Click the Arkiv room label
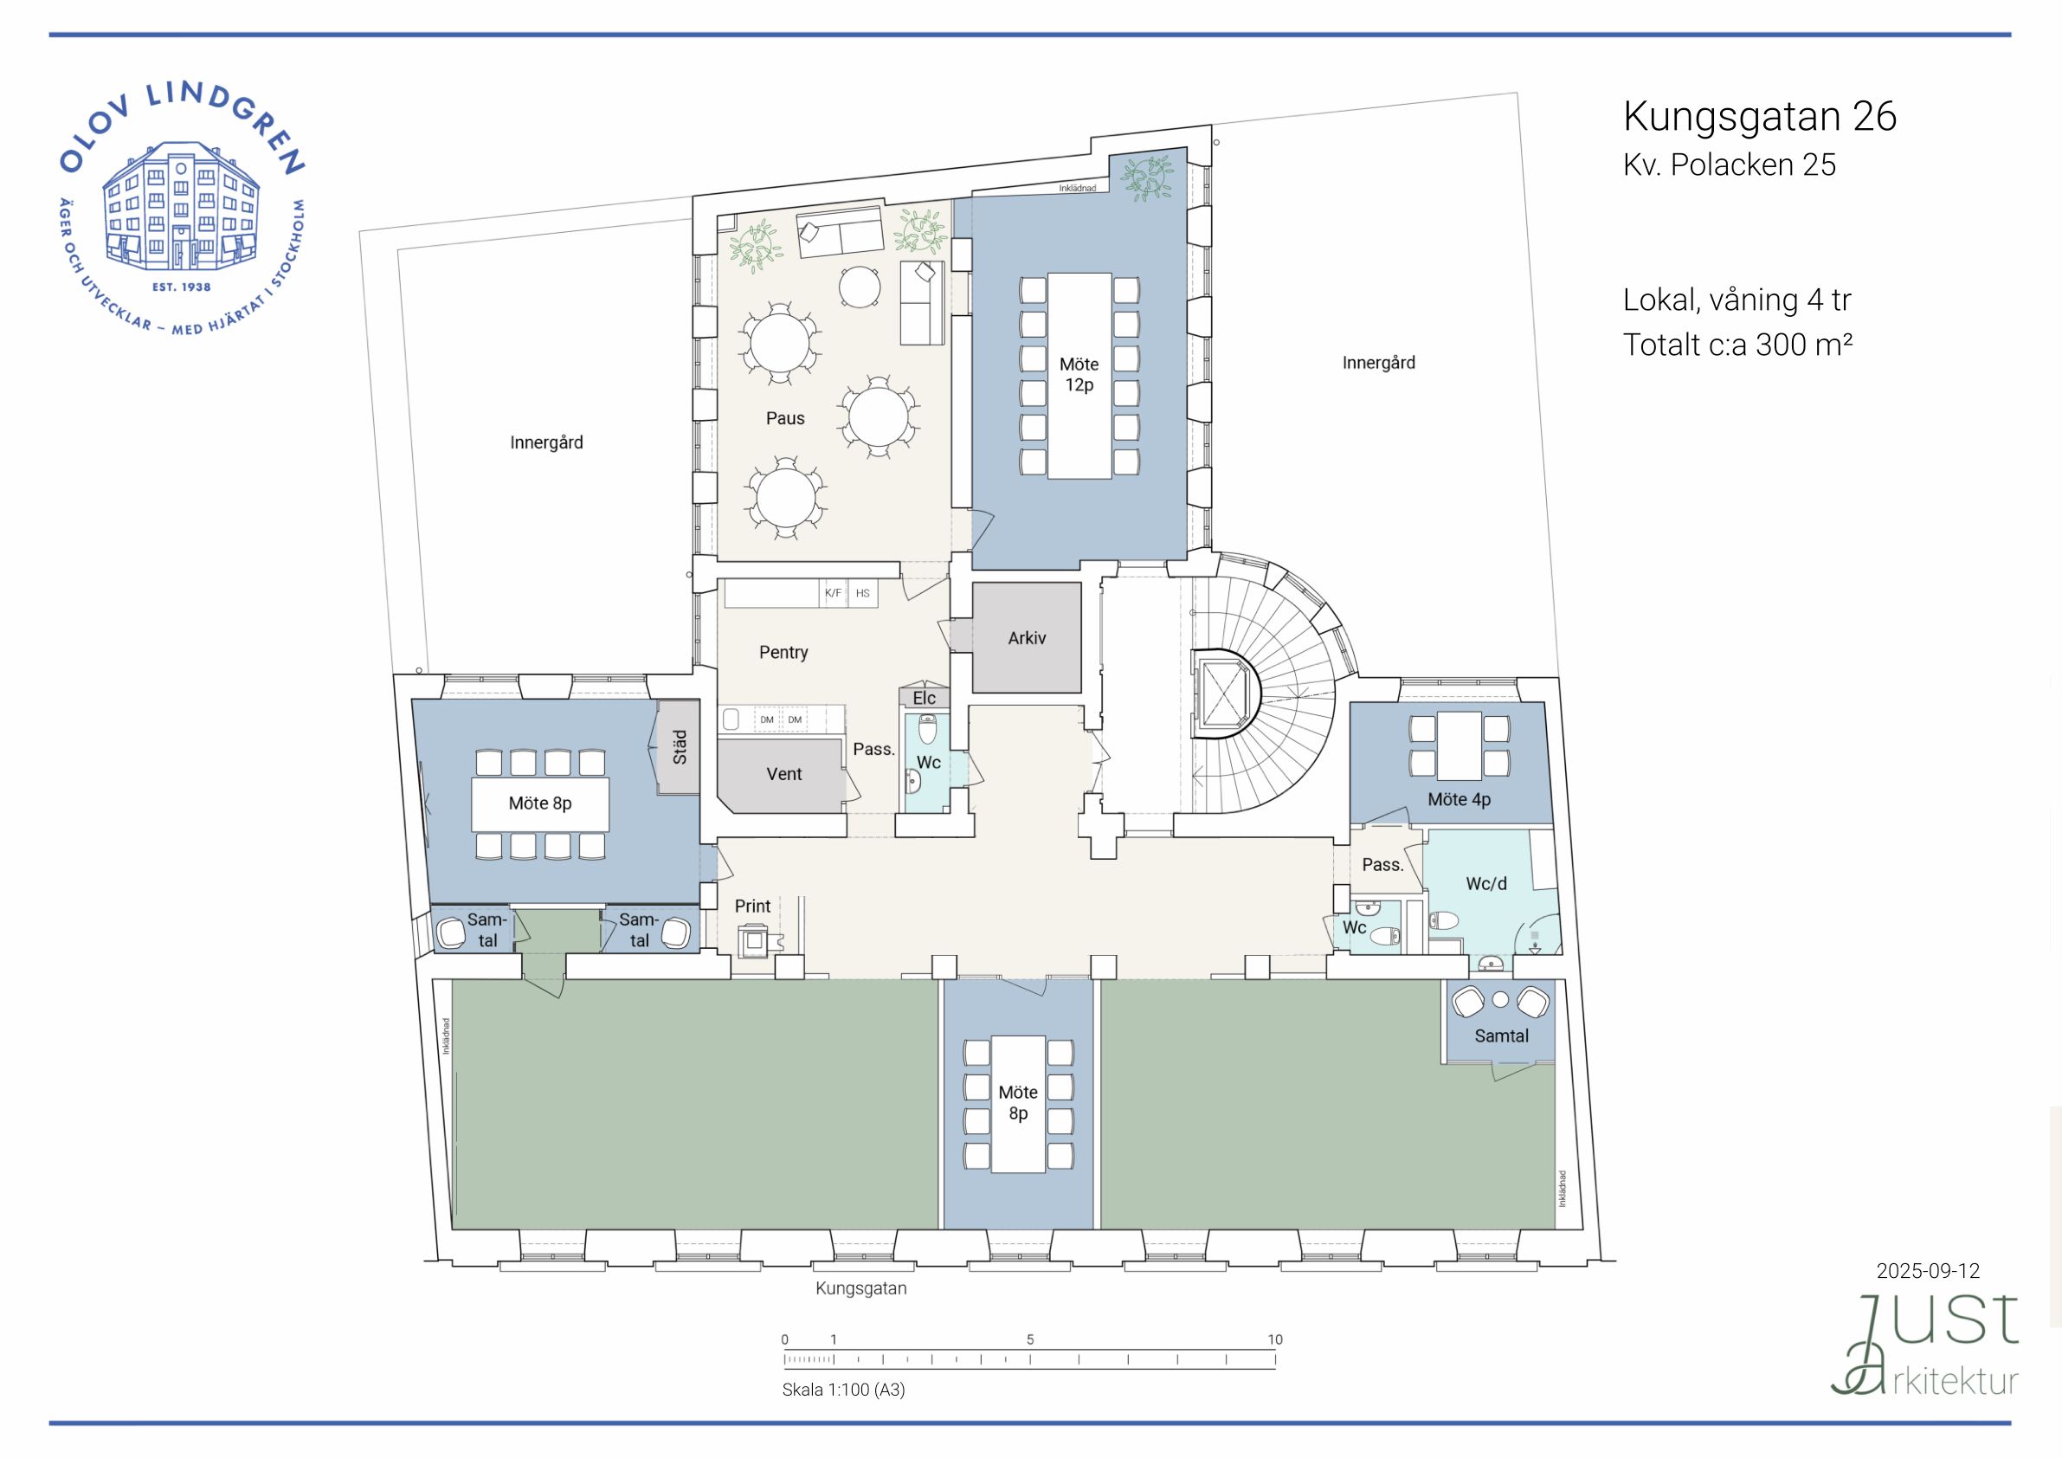pyautogui.click(x=1027, y=638)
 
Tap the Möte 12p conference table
pyautogui.click(x=1079, y=376)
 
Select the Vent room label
pyautogui.click(x=784, y=774)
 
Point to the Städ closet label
pyautogui.click(x=680, y=746)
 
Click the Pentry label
pyautogui.click(x=783, y=652)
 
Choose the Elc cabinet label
pyautogui.click(x=925, y=698)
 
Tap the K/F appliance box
pyautogui.click(x=834, y=593)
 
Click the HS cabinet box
pyautogui.click(x=863, y=593)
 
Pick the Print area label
pyautogui.click(x=752, y=906)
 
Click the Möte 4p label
pyautogui.click(x=1460, y=799)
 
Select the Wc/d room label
pyautogui.click(x=1486, y=884)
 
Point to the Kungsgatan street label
pyautogui.click(x=861, y=1288)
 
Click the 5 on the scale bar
pyautogui.click(x=1030, y=1339)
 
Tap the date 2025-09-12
pyautogui.click(x=1928, y=1271)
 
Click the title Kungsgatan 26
pyautogui.click(x=1759, y=117)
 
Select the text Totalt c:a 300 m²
pyautogui.click(x=1737, y=344)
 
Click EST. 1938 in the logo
pyautogui.click(x=182, y=287)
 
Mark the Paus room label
pyautogui.click(x=785, y=419)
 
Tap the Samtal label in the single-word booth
pyautogui.click(x=1501, y=1035)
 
